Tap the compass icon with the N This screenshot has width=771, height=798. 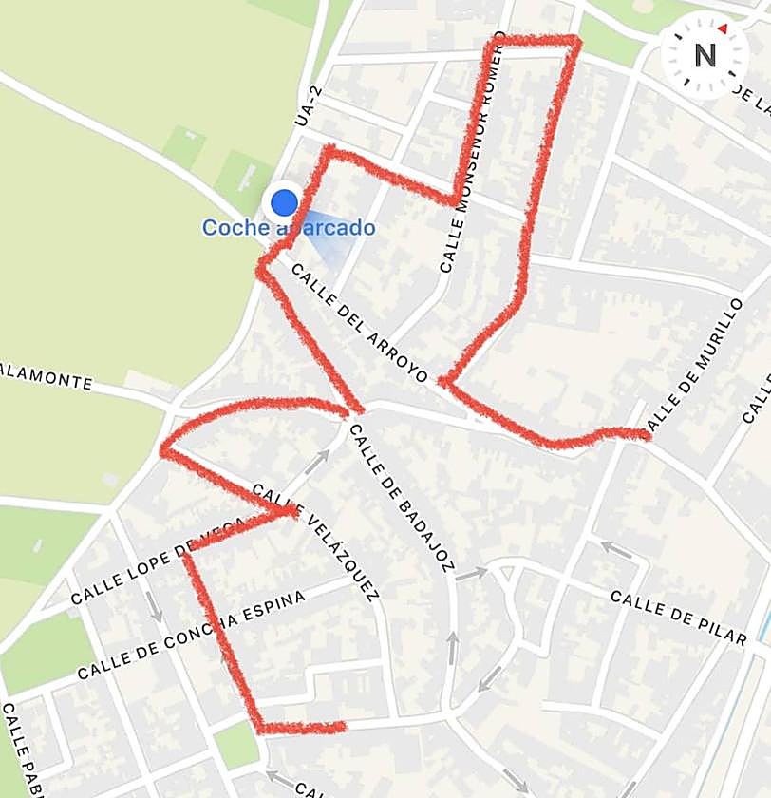(x=705, y=56)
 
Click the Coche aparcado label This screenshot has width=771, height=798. (x=289, y=228)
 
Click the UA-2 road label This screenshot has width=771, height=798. (x=303, y=105)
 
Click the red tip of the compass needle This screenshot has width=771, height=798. (x=723, y=29)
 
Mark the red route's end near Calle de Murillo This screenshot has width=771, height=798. (x=646, y=435)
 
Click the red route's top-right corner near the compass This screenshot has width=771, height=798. (x=575, y=39)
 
